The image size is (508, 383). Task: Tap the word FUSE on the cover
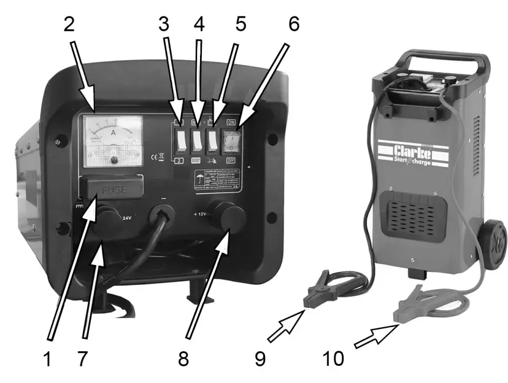point(115,190)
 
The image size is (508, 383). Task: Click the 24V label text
point(126,217)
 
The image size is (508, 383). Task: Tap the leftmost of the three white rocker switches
point(182,143)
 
